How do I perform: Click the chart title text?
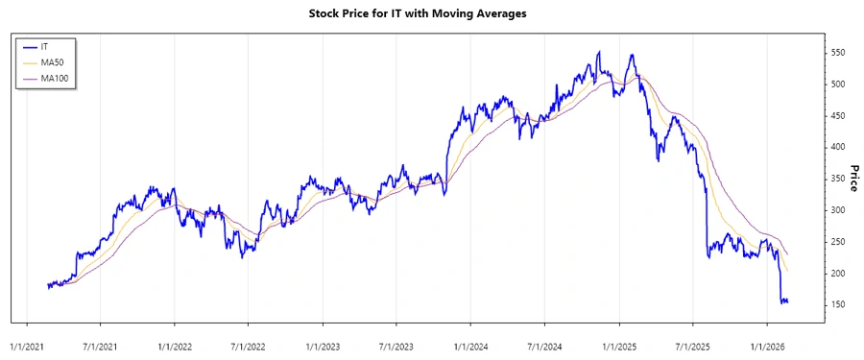point(431,13)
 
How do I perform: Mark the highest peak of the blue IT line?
point(599,52)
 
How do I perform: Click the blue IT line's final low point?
point(783,304)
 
